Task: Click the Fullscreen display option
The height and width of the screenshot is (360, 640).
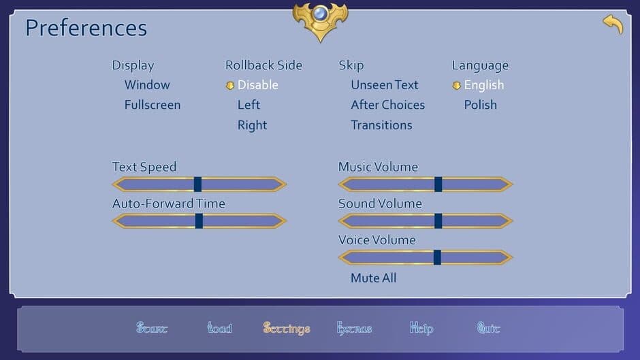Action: [152, 105]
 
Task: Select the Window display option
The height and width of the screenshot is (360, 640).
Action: [147, 85]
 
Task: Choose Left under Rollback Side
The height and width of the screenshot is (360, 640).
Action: [249, 105]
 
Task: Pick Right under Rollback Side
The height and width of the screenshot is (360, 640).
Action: [252, 125]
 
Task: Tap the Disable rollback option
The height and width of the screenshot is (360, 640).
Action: [257, 85]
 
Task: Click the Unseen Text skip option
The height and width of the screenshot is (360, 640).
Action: [384, 85]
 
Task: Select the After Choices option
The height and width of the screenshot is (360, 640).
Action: [387, 105]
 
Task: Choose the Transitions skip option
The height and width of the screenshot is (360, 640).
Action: [381, 125]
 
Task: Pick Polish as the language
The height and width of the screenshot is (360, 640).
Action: [480, 105]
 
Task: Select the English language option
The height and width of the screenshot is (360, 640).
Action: [483, 85]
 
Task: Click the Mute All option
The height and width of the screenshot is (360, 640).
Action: [373, 278]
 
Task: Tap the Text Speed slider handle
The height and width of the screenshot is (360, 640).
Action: [197, 184]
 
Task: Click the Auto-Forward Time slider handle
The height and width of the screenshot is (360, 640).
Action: [199, 221]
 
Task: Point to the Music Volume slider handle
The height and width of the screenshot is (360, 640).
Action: [438, 184]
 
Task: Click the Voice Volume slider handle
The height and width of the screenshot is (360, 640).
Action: [437, 257]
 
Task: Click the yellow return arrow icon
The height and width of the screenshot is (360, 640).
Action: [613, 24]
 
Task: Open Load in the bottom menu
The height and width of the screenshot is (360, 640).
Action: [219, 329]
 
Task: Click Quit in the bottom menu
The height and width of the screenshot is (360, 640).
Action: [488, 329]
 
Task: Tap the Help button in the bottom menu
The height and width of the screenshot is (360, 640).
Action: [421, 329]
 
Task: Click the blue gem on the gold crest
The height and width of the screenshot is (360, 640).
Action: [320, 14]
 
